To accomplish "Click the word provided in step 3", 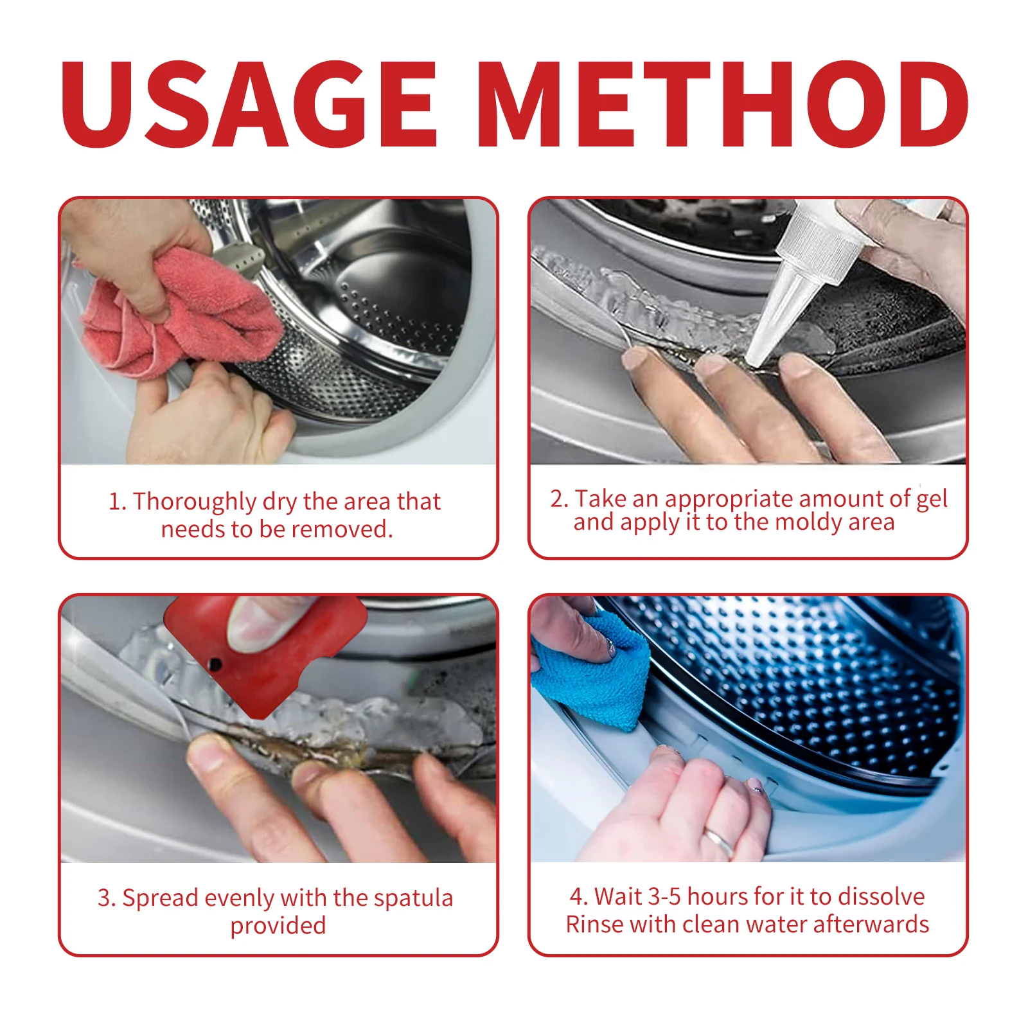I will (278, 926).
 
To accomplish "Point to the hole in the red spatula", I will (216, 664).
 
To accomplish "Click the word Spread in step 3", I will (161, 898).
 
